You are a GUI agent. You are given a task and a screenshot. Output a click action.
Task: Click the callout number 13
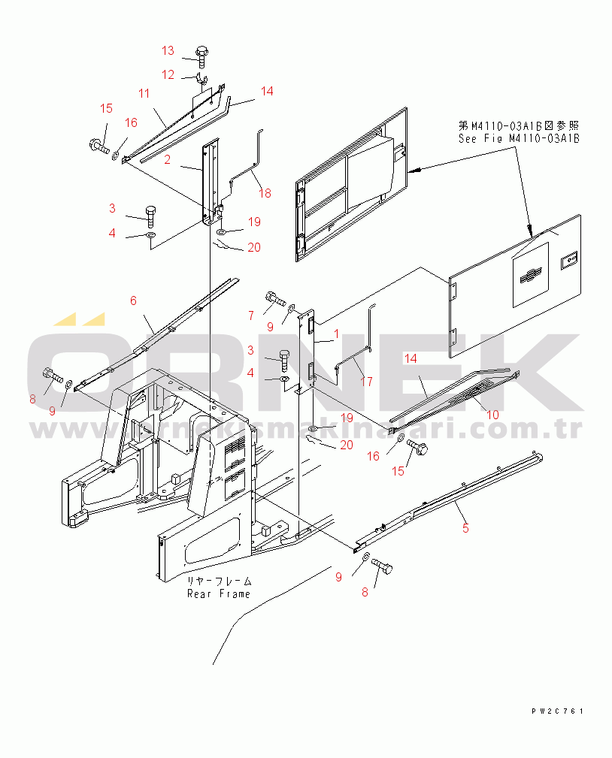coord(168,50)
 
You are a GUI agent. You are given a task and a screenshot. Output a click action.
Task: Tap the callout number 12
coord(168,74)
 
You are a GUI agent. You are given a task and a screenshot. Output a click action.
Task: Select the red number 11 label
coord(144,93)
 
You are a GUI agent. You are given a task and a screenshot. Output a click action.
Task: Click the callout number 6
coord(133,300)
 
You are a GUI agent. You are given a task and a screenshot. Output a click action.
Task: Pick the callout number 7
coord(251,316)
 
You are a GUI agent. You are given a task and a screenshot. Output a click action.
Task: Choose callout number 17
coord(367,382)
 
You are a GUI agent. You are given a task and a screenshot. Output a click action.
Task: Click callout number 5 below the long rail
coord(465,529)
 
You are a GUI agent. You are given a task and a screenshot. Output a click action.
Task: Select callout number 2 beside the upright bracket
coord(167,159)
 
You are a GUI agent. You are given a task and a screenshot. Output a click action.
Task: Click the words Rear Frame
coord(219,593)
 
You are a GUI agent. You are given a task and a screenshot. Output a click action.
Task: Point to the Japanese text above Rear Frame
coord(220,581)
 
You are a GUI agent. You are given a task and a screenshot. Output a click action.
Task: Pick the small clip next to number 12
coord(201,77)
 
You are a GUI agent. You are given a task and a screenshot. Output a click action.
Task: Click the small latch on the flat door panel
coord(568,260)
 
